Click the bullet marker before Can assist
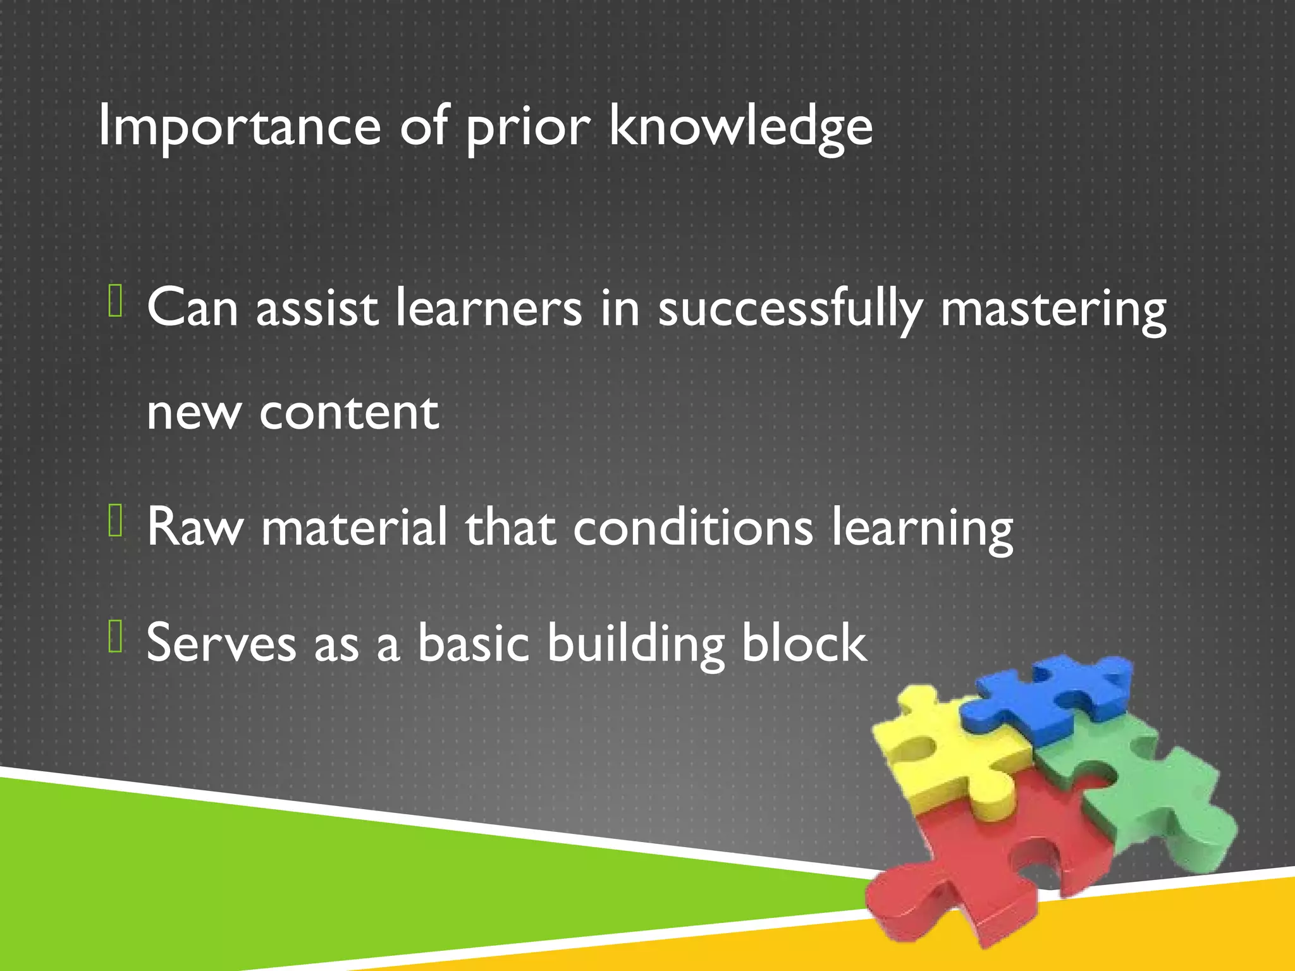[x=115, y=301]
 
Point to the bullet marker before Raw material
[x=115, y=520]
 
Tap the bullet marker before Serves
[x=115, y=636]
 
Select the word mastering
[x=1052, y=310]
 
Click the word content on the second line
[x=349, y=412]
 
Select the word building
[x=635, y=644]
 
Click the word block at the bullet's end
[x=804, y=643]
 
